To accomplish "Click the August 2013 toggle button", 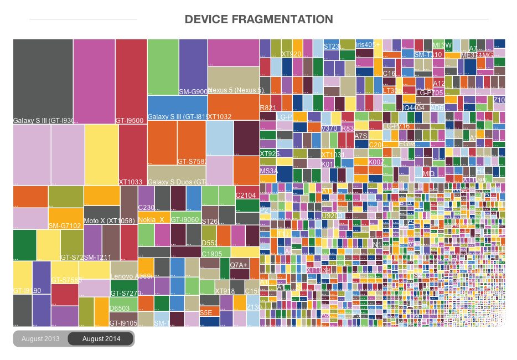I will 40,338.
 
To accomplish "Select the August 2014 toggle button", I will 101,338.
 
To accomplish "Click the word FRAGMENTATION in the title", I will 281,19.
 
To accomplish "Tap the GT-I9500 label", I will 130,120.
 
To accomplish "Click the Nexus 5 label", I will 236,90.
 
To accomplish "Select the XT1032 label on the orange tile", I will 220,117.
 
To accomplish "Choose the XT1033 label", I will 131,182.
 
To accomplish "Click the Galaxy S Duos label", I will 177,182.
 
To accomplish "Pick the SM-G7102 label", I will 65,226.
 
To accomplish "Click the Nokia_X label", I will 151,219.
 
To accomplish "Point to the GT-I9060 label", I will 185,220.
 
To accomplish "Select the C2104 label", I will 246,196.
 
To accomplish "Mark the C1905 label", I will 211,254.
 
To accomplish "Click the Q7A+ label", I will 239,265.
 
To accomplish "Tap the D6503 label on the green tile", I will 120,308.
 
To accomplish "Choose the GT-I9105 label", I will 123,323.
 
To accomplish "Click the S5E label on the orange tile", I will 206,313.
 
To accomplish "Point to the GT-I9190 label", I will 26,291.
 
